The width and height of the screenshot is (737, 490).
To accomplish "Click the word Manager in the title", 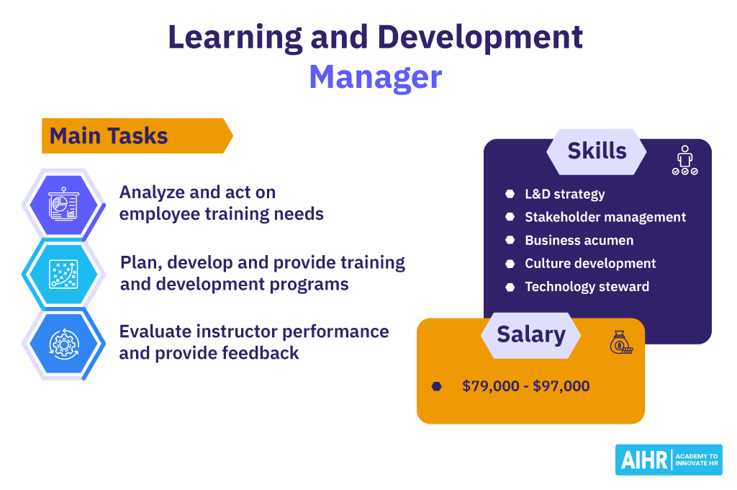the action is pyautogui.click(x=376, y=76).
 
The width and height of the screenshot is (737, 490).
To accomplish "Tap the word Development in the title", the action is pyautogui.click(x=480, y=37).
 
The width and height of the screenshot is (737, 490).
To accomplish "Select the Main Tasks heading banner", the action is pyautogui.click(x=137, y=135).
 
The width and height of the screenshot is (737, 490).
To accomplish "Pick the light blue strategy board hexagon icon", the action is pyautogui.click(x=63, y=274).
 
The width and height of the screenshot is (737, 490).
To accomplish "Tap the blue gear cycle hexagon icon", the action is pyautogui.click(x=63, y=344).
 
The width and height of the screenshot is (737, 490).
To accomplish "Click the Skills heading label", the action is pyautogui.click(x=597, y=151).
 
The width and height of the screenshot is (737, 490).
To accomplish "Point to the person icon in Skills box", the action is pyautogui.click(x=685, y=160).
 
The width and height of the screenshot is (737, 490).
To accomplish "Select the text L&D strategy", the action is pyautogui.click(x=564, y=194).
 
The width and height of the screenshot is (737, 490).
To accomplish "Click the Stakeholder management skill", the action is pyautogui.click(x=605, y=217).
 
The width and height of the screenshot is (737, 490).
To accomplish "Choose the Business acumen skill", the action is pyautogui.click(x=579, y=240).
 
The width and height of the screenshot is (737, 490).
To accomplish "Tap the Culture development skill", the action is pyautogui.click(x=590, y=263).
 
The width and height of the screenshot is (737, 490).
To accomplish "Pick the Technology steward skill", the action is pyautogui.click(x=587, y=286).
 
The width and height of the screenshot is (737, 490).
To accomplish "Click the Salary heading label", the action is pyautogui.click(x=531, y=335).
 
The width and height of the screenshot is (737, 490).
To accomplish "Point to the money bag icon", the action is pyautogui.click(x=621, y=342).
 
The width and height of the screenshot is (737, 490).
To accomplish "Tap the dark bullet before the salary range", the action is pyautogui.click(x=437, y=386).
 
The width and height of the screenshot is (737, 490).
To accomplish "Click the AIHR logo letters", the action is pyautogui.click(x=644, y=460).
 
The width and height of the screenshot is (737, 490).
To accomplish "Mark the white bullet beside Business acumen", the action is pyautogui.click(x=510, y=240).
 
